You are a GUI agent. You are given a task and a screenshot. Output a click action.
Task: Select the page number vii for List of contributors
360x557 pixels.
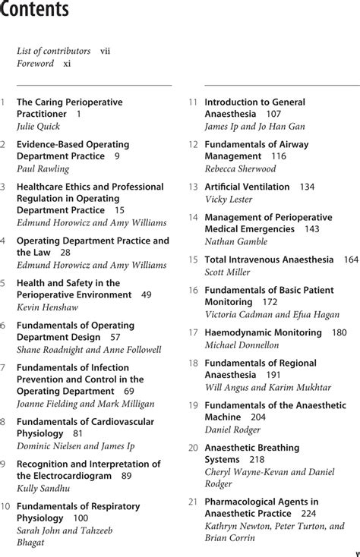point(106,52)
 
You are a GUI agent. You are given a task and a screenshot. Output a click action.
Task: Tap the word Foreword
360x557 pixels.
point(35,64)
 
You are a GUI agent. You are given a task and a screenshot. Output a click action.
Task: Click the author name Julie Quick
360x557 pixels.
point(38,126)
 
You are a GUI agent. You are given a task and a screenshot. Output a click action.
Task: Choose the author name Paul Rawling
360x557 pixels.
point(43,168)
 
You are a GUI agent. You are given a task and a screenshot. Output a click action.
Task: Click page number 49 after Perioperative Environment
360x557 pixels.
point(146,294)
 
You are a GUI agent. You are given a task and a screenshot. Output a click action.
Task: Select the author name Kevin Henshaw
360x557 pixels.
point(46,307)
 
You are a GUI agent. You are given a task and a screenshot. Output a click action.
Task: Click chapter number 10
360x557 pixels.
point(5,506)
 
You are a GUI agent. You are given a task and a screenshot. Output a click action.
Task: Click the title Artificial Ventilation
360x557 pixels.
point(248,187)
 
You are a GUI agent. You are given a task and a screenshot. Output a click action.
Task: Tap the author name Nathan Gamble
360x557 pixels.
point(237,241)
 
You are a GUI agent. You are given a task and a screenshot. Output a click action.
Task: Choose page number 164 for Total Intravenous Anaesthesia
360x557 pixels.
point(351,260)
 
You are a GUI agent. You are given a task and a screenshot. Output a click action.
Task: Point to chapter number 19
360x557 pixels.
point(193,405)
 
